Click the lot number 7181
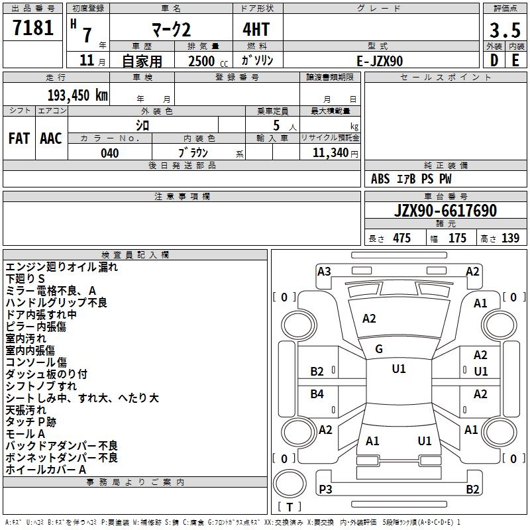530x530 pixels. click(x=33, y=28)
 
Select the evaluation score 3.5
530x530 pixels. click(x=505, y=30)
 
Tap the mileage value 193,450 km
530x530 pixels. click(x=78, y=95)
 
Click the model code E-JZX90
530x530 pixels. click(x=380, y=61)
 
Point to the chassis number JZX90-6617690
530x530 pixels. click(x=445, y=211)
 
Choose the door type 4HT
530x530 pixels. click(x=256, y=29)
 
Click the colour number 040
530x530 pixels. click(x=110, y=153)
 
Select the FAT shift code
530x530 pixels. click(x=19, y=138)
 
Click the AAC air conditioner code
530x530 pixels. click(x=51, y=138)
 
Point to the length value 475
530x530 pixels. click(x=401, y=238)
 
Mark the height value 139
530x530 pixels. click(x=510, y=238)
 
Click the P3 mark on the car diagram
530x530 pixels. click(x=325, y=489)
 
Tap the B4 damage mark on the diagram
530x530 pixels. click(x=317, y=394)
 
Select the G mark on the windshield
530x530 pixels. click(x=379, y=349)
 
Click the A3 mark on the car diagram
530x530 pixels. click(x=324, y=272)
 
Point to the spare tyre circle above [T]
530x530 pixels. click(x=290, y=484)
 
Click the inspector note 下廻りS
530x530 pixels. click(x=25, y=279)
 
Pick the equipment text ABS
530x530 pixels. click(x=380, y=179)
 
